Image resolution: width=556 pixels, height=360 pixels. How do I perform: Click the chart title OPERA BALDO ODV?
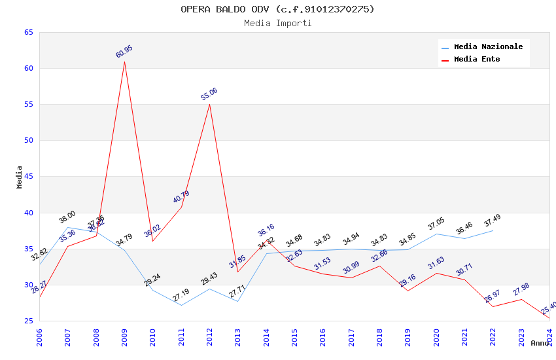pos(277,9)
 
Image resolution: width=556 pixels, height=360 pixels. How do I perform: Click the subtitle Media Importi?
pos(277,23)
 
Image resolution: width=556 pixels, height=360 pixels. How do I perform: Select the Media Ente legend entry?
pos(477,59)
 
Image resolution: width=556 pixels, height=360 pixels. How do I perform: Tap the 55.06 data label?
pos(209,94)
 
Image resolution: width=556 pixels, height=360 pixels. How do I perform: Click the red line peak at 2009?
pos(124,62)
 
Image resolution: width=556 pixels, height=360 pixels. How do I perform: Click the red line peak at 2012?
pos(209,104)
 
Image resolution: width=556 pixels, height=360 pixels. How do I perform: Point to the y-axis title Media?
pos(20,177)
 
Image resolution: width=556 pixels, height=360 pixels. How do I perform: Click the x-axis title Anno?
pos(540,343)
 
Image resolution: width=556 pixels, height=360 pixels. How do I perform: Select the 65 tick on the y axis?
pos(28,33)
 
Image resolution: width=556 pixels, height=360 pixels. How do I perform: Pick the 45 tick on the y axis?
pos(28,177)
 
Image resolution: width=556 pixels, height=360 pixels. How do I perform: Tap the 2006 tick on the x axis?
pos(39,336)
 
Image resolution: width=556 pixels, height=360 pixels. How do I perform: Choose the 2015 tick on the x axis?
pos(294,336)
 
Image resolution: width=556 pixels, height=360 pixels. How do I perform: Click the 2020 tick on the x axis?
pos(436,336)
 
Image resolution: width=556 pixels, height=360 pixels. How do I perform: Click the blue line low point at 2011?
pos(181,305)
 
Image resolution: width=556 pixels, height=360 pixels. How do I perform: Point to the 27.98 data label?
pos(521,289)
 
